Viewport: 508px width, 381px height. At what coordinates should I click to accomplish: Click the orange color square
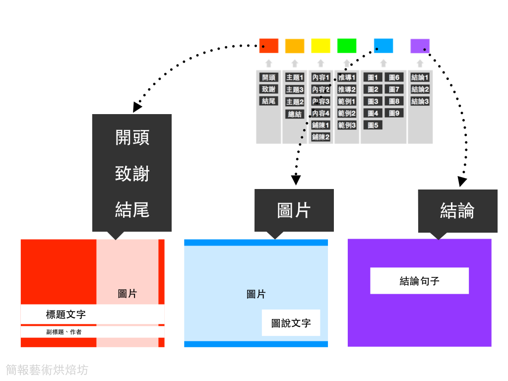point(295,46)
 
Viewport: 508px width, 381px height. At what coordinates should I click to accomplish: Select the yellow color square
point(320,46)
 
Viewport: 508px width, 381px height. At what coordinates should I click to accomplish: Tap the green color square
point(347,46)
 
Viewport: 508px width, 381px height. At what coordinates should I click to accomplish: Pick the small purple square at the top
point(420,46)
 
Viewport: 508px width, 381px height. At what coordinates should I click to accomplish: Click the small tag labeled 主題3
point(295,90)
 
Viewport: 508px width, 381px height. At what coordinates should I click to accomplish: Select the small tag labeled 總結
point(295,114)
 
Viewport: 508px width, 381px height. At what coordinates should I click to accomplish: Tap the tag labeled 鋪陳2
point(320,137)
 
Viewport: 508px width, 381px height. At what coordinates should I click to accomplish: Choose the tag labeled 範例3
point(347,125)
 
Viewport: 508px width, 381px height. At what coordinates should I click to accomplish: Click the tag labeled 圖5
point(373,125)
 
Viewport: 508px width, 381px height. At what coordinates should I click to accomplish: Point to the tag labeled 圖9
point(394,113)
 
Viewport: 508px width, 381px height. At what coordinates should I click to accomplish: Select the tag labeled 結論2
point(420,89)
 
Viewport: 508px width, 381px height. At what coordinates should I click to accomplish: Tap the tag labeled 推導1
point(347,77)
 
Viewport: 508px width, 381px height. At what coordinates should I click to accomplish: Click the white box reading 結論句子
point(419,281)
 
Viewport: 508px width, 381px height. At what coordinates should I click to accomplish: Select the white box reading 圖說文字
point(291,323)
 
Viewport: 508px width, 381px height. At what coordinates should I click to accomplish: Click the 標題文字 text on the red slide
point(65,315)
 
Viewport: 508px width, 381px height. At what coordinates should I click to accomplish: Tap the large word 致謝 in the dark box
point(132,174)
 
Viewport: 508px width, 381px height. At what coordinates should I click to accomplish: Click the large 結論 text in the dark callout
point(457,211)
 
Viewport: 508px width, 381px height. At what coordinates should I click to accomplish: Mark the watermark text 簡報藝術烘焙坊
point(47,370)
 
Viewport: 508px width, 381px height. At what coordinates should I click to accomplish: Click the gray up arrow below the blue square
point(383,63)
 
